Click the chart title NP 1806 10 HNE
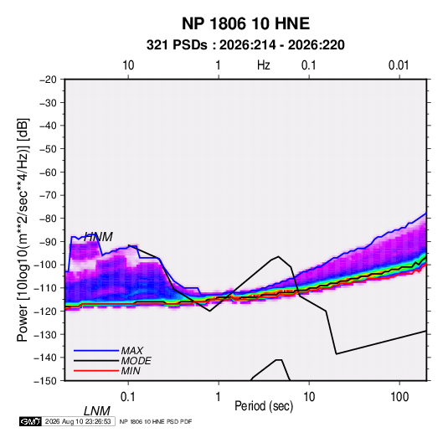(x=245, y=23)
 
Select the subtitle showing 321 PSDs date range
(x=245, y=45)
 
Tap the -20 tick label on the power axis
(x=48, y=80)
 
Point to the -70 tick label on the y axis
(x=48, y=195)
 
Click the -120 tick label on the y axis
(x=46, y=312)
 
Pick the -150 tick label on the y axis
(x=46, y=381)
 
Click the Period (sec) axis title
(x=264, y=406)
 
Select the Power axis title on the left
(x=23, y=230)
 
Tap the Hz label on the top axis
(x=264, y=65)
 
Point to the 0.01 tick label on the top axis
(x=399, y=65)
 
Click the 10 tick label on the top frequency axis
(x=128, y=65)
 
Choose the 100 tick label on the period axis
(x=399, y=397)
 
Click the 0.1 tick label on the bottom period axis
(x=128, y=397)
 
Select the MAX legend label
(x=132, y=351)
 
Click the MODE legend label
(x=136, y=361)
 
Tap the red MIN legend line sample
(x=96, y=371)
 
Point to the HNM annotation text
(x=98, y=237)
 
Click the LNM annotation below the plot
(x=97, y=411)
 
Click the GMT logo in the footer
(x=31, y=421)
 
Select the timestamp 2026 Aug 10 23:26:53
(x=78, y=421)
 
